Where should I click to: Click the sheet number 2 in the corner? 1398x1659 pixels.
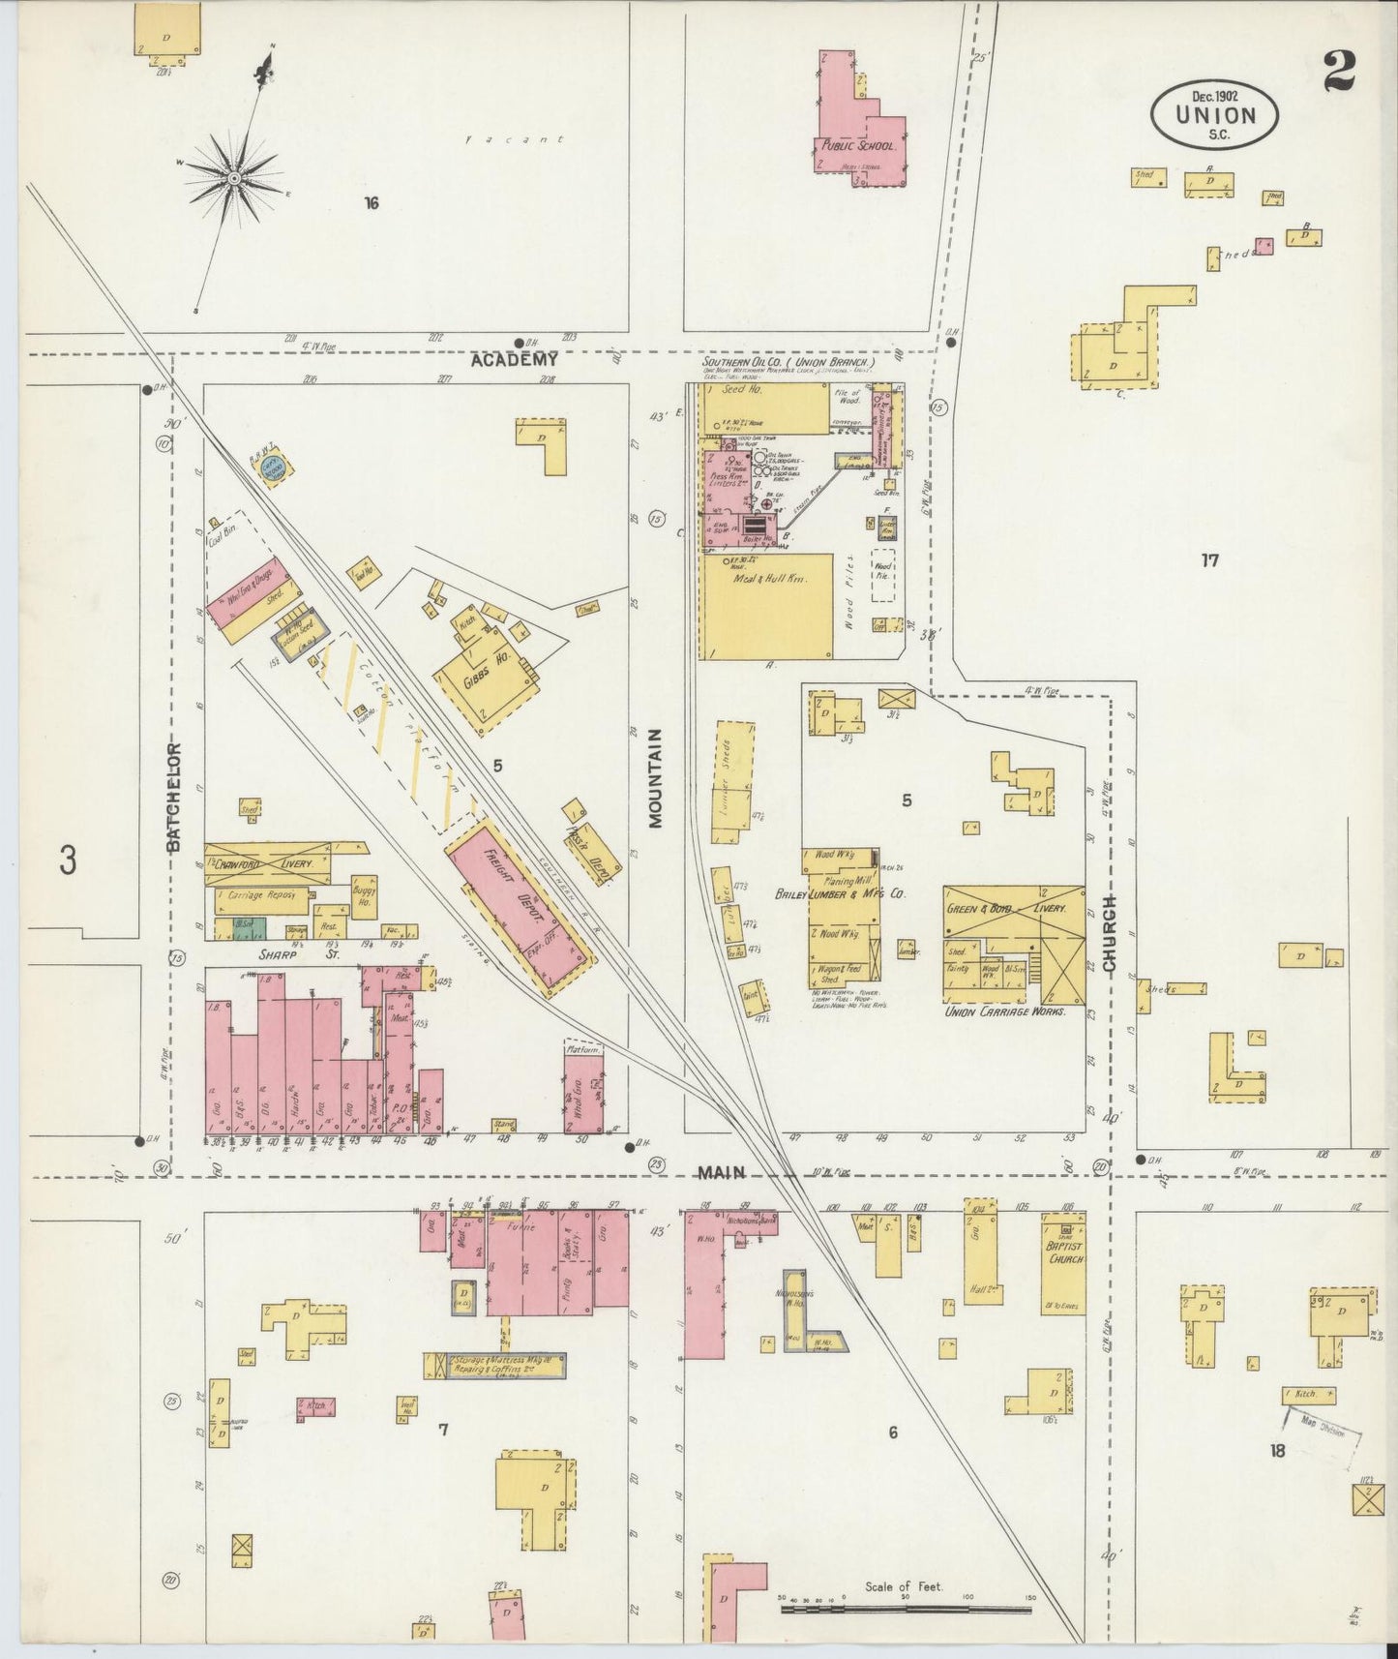coord(1340,72)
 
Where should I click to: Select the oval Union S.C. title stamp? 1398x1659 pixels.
coord(1214,114)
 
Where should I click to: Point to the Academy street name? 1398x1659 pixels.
coord(515,360)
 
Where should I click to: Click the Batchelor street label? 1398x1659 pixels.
coord(174,797)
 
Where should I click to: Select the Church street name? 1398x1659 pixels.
coord(1110,933)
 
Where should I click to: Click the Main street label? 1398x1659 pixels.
coord(722,1172)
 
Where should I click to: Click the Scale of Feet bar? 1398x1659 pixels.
coord(906,1611)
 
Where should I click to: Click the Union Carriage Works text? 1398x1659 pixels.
coord(1004,1011)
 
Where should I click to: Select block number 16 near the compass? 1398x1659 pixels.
coord(372,203)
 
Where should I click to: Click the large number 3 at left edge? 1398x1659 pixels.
coord(68,860)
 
